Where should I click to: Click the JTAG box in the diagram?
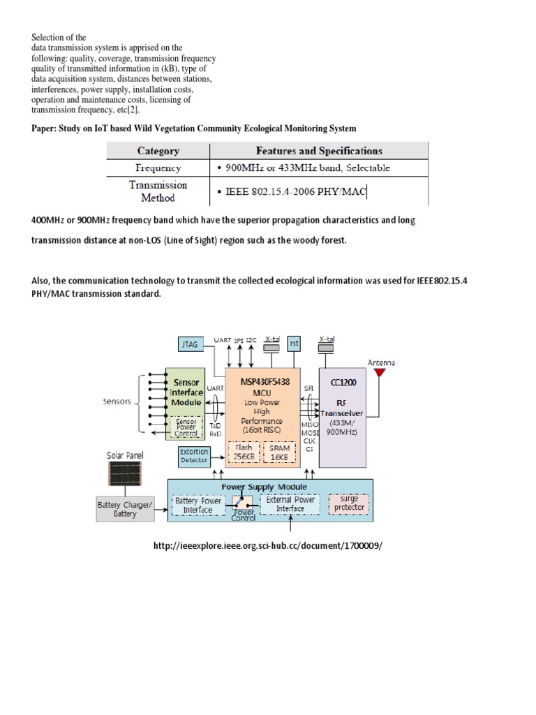(191, 344)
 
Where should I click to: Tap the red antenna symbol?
(379, 373)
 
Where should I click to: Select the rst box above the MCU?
(295, 344)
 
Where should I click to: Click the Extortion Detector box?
(194, 456)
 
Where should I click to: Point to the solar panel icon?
(125, 473)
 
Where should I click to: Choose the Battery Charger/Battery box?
(126, 509)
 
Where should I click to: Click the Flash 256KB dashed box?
(244, 452)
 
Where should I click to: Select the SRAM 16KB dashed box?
(279, 452)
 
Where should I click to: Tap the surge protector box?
(349, 504)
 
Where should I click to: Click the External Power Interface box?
(290, 504)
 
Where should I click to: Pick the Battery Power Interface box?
(198, 506)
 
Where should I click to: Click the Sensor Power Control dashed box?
(186, 427)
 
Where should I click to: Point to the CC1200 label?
(343, 383)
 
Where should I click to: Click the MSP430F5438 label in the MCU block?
(265, 382)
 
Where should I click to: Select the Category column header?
(158, 151)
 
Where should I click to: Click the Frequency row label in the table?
(158, 168)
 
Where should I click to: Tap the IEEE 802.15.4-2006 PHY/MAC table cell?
(296, 191)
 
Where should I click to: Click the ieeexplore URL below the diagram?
(267, 545)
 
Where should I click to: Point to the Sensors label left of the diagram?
(117, 401)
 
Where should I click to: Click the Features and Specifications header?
(319, 151)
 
